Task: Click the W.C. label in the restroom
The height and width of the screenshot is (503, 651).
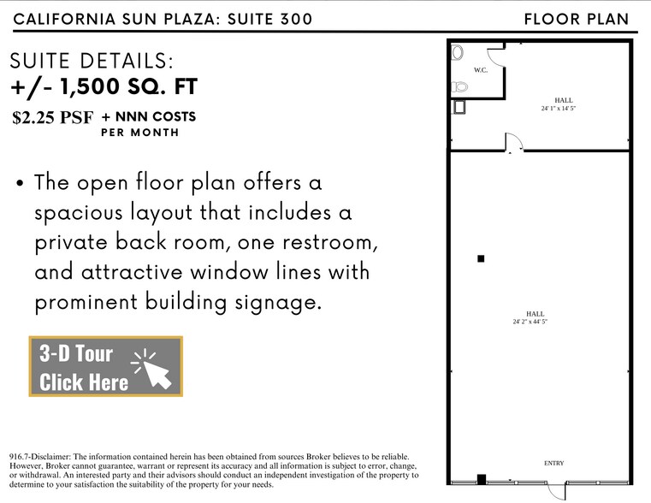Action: coord(480,70)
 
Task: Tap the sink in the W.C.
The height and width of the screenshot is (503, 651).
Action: coord(459,51)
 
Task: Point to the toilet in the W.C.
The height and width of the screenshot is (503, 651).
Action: coord(460,86)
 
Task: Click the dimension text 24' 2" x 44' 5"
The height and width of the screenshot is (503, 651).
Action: coord(530,322)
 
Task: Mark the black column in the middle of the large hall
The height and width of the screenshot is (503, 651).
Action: coord(481,258)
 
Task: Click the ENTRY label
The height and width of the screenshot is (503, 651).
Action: coord(553,464)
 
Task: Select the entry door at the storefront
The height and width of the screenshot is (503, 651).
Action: coord(557,490)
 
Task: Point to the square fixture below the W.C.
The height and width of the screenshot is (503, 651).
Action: coord(459,107)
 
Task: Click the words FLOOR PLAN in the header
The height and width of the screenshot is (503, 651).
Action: coord(576,19)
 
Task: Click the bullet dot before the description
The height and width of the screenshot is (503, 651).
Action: coord(19,183)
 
